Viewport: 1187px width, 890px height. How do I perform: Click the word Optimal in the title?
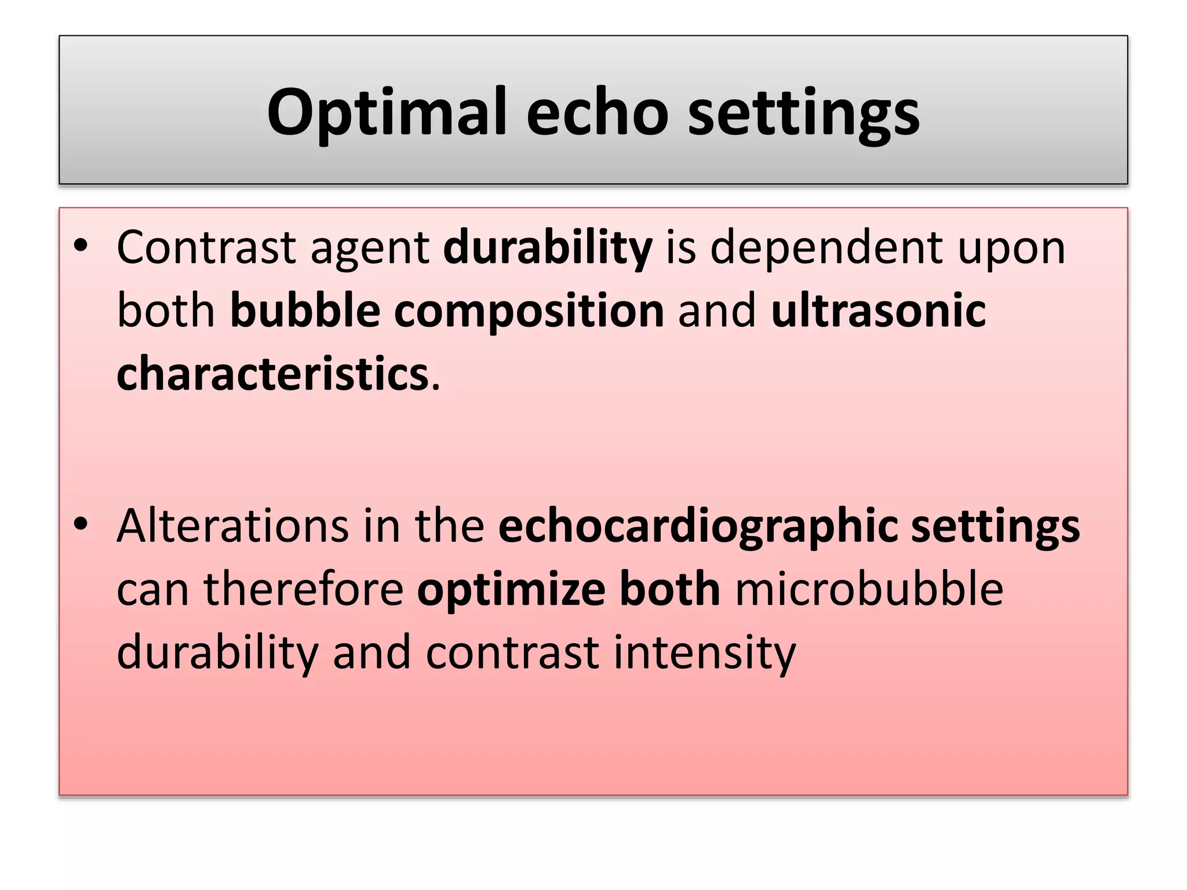pos(387,112)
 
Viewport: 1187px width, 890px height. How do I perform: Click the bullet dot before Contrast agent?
pos(81,247)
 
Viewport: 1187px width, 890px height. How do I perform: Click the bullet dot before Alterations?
pos(81,524)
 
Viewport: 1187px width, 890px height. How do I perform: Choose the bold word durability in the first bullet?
pos(548,248)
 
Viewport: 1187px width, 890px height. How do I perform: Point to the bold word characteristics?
pos(272,374)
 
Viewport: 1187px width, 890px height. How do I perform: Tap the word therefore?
pos(303,589)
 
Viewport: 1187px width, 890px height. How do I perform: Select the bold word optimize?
pos(511,590)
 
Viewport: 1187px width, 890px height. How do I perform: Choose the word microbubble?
pos(869,589)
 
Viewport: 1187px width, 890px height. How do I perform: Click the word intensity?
pos(705,654)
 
